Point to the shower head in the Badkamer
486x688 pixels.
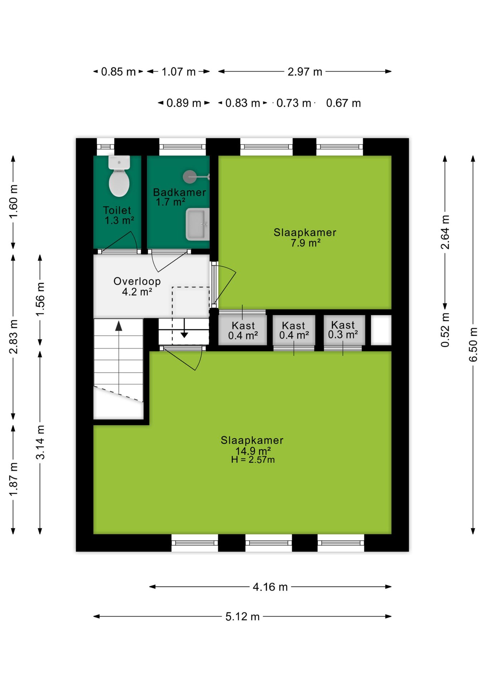tap(190, 177)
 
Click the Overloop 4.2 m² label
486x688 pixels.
tap(137, 286)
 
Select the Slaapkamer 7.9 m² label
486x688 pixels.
tap(305, 237)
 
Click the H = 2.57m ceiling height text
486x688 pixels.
tap(253, 460)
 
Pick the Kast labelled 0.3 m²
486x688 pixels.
tap(343, 330)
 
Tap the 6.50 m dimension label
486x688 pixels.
tap(473, 344)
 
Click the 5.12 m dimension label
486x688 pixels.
tap(242, 617)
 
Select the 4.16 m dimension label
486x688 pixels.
tap(270, 587)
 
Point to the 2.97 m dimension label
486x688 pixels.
tap(305, 72)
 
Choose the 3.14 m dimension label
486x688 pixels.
tap(40, 442)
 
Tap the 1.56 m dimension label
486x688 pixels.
tap(40, 299)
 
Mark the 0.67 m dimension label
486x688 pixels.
tap(343, 103)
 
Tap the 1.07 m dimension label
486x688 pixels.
tap(178, 72)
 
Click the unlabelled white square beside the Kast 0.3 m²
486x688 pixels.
tap(381, 330)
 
